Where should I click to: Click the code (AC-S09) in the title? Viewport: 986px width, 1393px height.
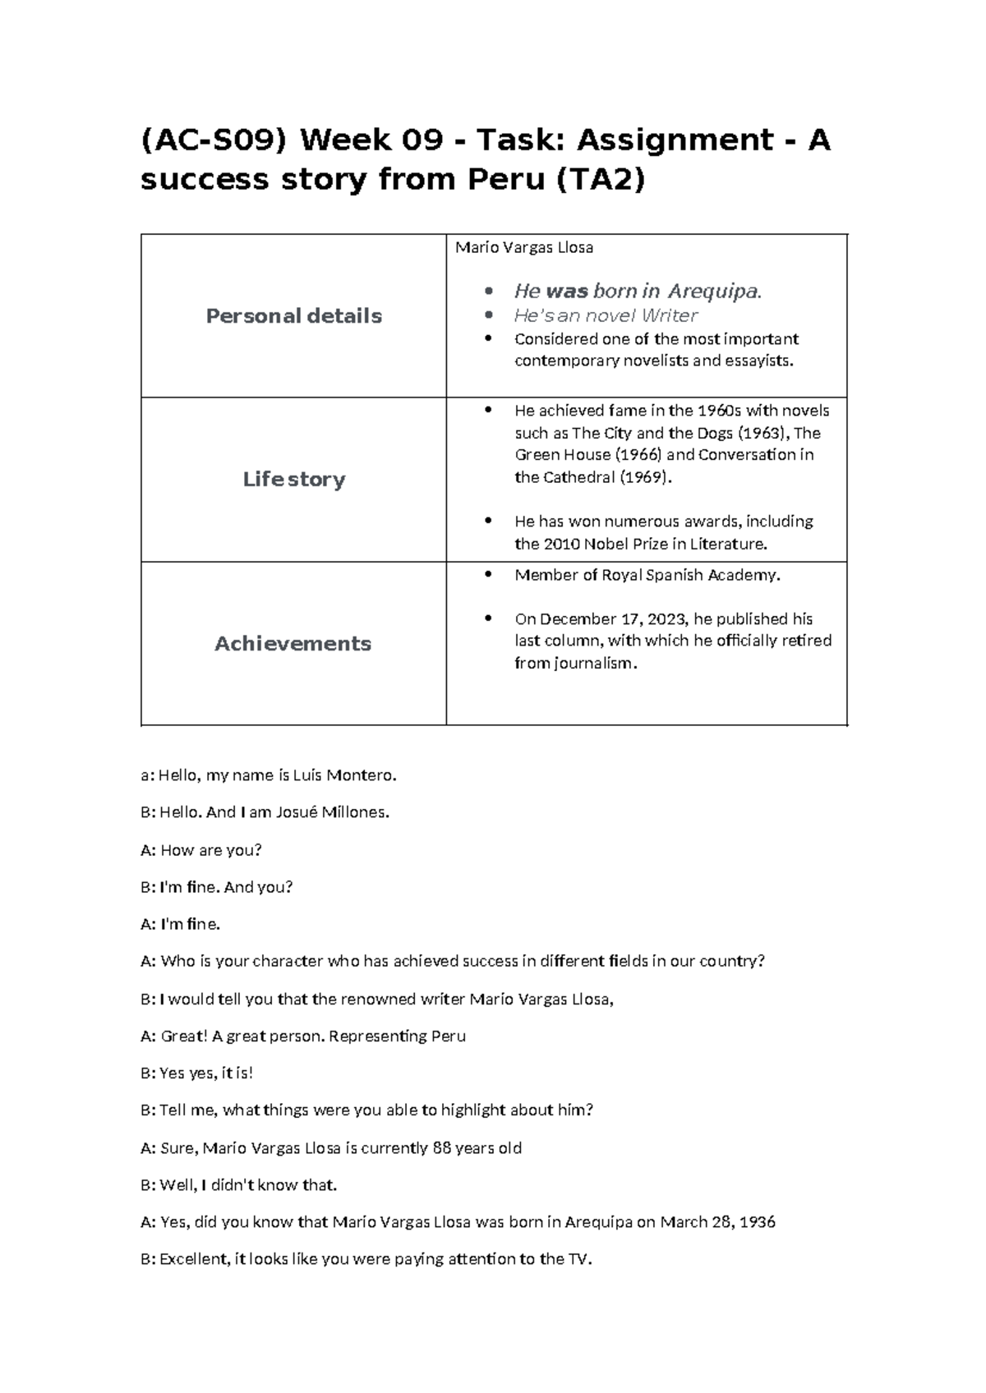214,140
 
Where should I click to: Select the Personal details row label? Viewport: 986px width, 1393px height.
293,316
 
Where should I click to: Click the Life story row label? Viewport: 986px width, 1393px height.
293,480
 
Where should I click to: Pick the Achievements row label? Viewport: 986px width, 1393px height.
293,644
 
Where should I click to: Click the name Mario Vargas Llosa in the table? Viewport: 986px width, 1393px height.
524,247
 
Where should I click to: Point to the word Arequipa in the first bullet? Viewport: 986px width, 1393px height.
714,291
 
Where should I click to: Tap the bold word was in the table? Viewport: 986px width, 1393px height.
567,291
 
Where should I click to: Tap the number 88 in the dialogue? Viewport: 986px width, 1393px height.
441,1147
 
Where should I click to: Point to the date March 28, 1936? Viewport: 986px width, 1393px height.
717,1221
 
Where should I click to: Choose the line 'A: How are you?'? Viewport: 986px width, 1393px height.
201,850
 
